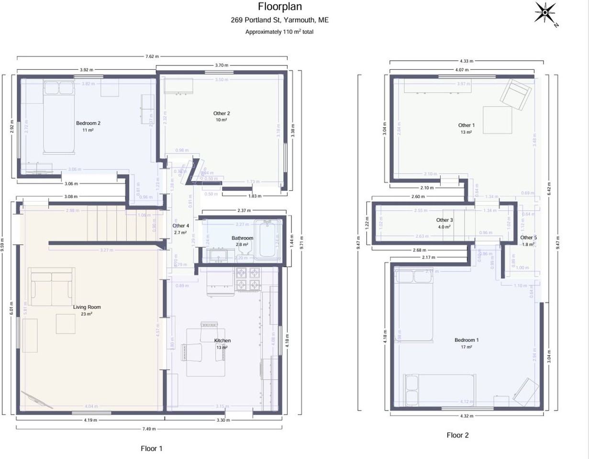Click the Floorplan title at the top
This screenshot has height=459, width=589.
coord(280,7)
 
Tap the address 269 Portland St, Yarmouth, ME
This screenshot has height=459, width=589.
coord(279,20)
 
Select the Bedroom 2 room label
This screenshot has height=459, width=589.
coord(88,123)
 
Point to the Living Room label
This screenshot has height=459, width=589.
coord(87,307)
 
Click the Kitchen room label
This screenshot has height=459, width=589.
coord(222,341)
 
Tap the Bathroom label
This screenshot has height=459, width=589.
coord(242,238)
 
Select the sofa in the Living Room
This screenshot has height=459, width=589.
coord(52,286)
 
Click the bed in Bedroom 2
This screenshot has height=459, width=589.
coord(59,117)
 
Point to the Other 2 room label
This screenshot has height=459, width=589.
coord(222,113)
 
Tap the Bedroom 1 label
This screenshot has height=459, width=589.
coord(467,340)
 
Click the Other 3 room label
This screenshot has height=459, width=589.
coord(445,220)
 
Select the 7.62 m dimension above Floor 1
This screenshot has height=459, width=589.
coord(152,56)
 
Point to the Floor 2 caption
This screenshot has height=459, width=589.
coord(457,435)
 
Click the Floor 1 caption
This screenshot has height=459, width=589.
coord(152,448)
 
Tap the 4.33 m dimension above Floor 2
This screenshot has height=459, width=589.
coord(466,61)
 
